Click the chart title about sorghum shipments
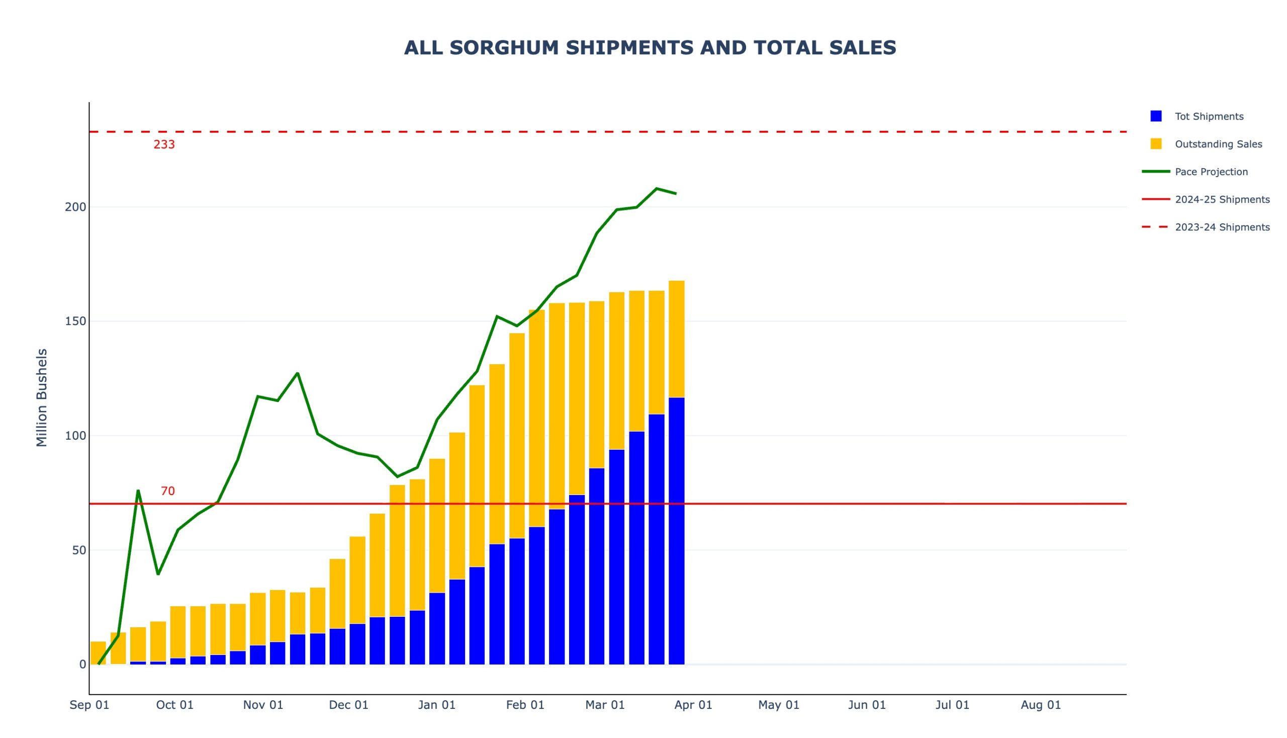[x=650, y=48]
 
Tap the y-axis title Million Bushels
[x=42, y=397]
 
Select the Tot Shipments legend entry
[x=1209, y=117]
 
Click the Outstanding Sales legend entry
[x=1218, y=144]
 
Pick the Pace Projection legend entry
[x=1211, y=172]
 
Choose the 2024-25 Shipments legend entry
[x=1222, y=200]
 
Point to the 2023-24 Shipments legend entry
[x=1222, y=227]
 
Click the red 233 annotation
[x=164, y=145]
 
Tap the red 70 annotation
[x=167, y=491]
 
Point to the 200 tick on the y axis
[x=75, y=207]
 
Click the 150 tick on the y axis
[x=75, y=321]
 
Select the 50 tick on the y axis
[x=79, y=550]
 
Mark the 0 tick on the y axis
[x=82, y=665]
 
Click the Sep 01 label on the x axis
[x=89, y=705]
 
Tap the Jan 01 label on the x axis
[x=436, y=705]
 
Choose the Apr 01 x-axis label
[x=693, y=705]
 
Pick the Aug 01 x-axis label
[x=1040, y=705]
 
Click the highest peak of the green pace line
[x=657, y=189]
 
